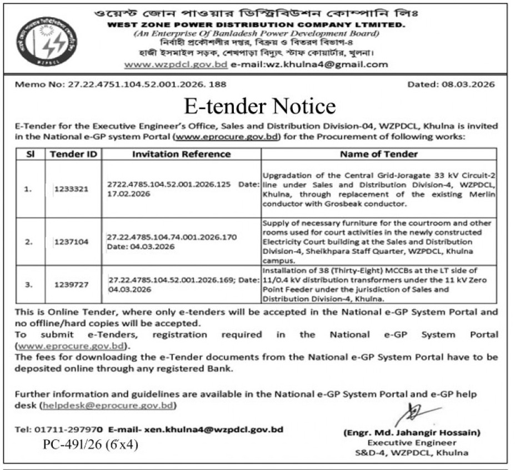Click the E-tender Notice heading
coord(260,105)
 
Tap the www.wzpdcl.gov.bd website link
coord(176,64)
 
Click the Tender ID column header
coord(73,154)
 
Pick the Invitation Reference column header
coord(181,154)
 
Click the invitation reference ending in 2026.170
coord(172,237)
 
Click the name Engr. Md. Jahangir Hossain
coord(412,432)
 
